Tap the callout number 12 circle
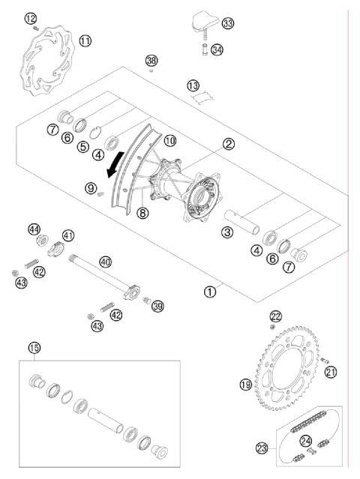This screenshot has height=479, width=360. [x=30, y=18]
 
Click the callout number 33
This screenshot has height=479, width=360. [x=227, y=24]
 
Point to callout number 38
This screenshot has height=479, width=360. [x=152, y=60]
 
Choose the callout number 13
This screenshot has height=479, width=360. [x=193, y=85]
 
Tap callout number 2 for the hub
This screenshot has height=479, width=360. [x=228, y=143]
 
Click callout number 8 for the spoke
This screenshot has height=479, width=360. [x=142, y=213]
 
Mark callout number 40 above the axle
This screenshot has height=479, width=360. [x=105, y=262]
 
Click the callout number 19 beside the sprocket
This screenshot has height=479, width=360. [x=245, y=385]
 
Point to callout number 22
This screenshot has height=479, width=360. [x=276, y=316]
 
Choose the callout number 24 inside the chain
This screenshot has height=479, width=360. [x=306, y=440]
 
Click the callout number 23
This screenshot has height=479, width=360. [x=262, y=448]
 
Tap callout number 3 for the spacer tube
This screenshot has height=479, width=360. [x=226, y=233]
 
